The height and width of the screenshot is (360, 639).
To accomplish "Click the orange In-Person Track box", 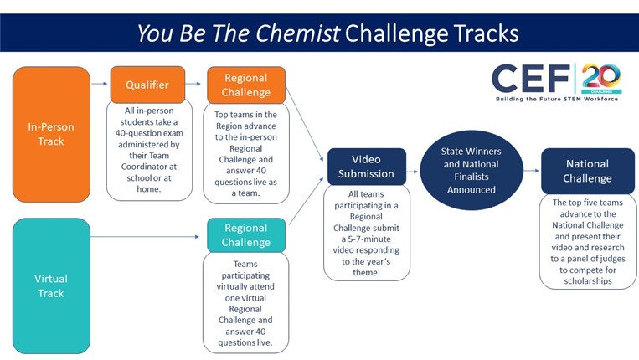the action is pos(51,135).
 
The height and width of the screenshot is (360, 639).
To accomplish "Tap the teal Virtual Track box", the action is pos(51,285).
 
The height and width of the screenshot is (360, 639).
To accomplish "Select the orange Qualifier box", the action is pos(147,85).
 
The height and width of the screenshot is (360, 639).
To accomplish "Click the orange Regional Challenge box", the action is pos(246,85).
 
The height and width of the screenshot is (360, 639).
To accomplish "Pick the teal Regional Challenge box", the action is pos(246,235).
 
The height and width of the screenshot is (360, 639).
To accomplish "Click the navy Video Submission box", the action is pos(366,167).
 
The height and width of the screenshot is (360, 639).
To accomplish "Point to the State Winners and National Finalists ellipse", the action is pos(472,170).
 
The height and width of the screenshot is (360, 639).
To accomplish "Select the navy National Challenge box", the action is pos(588,171).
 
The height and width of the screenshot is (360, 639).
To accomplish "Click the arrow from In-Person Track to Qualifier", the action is pos(100,84).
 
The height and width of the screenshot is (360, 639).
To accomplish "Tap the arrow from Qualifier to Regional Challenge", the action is pos(193,84).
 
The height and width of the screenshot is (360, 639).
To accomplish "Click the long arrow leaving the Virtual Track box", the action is pos(145,237).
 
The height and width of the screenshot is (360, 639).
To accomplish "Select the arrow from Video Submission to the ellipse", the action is pos(412,172).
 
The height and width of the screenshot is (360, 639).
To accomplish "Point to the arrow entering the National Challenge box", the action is pos(532,171).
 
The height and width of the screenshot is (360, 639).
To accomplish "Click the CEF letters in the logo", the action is pos(531,78).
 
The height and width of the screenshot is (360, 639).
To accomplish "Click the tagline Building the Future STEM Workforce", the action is pos(557,99).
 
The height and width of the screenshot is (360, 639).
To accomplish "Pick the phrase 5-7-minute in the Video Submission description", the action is pos(369,239).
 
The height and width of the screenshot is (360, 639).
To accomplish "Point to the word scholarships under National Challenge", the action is pos(588,281).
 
